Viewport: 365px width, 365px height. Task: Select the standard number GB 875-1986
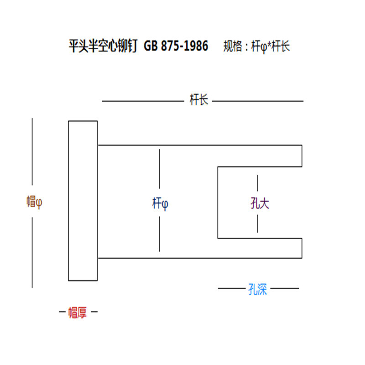pos(176,46)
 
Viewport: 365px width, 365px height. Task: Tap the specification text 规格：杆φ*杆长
pos(257,46)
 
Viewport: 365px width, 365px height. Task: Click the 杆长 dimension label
pos(199,100)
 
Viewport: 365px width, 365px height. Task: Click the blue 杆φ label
pos(160,203)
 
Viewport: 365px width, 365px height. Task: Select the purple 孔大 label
pos(260,203)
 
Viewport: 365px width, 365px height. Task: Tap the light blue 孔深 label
pos(258,289)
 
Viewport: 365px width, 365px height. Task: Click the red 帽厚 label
pos(77,313)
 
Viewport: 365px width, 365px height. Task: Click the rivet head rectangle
pos(83,201)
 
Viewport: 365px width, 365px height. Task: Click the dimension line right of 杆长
pos(258,101)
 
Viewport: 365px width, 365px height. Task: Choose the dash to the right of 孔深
pos(285,288)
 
